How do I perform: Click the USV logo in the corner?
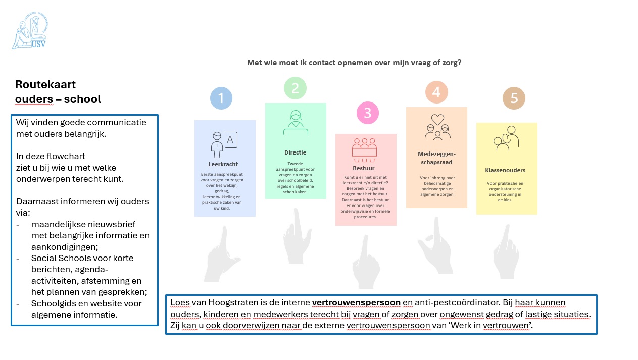[30, 32]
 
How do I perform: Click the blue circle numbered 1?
[221, 98]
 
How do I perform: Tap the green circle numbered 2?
[295, 88]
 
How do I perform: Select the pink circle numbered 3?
[367, 113]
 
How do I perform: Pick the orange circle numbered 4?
[436, 92]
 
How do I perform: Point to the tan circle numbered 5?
[514, 98]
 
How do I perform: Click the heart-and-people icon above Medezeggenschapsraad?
[437, 126]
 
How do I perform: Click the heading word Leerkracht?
[223, 164]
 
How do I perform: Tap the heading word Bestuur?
[363, 168]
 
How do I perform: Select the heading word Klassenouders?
[505, 170]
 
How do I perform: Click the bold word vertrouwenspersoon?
[356, 303]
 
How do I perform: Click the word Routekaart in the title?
[45, 84]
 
